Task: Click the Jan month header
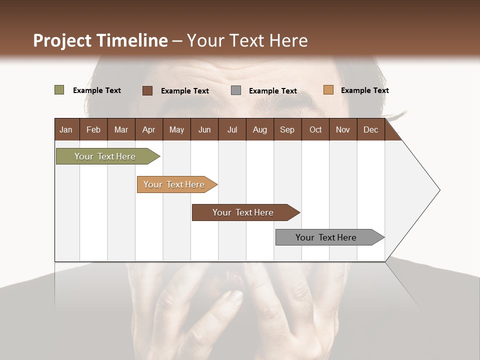[66, 129]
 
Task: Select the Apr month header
[149, 129]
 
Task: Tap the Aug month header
[259, 129]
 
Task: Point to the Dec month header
[370, 129]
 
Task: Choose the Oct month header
[315, 129]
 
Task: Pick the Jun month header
[204, 129]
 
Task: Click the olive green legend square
[59, 90]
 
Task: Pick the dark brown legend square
[147, 90]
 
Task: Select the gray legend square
[235, 90]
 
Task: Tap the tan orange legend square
[328, 90]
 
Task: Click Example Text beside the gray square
[272, 90]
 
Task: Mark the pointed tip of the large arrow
[439, 190]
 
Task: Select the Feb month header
[93, 129]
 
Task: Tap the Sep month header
[287, 129]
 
